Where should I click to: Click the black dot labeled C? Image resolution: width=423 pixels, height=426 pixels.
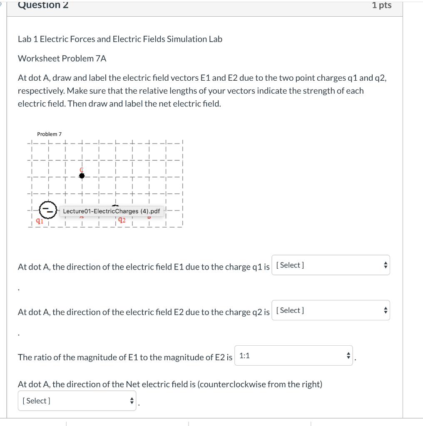pyautogui.click(x=82, y=176)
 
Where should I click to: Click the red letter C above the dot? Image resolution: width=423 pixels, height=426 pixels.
pyautogui.click(x=82, y=170)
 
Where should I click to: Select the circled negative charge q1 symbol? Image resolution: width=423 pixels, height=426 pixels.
pyautogui.click(x=47, y=209)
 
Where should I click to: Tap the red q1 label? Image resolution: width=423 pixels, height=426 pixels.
pyautogui.click(x=39, y=221)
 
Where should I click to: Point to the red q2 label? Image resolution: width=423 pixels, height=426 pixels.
pyautogui.click(x=122, y=220)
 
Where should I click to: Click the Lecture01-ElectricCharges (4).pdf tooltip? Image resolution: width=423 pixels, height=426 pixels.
pyautogui.click(x=111, y=211)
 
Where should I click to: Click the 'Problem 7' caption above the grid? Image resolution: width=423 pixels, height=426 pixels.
pyautogui.click(x=49, y=134)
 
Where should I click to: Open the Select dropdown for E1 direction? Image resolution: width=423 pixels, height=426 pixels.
pyautogui.click(x=331, y=265)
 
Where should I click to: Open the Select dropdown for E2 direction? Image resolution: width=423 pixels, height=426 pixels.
pyautogui.click(x=331, y=310)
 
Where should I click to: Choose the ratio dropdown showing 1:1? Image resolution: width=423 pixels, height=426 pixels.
pyautogui.click(x=293, y=356)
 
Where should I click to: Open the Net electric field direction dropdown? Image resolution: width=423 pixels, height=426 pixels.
pyautogui.click(x=77, y=401)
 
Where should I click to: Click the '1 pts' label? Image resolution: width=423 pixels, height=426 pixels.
pyautogui.click(x=381, y=5)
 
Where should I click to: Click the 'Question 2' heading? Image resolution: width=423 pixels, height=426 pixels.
pyautogui.click(x=43, y=5)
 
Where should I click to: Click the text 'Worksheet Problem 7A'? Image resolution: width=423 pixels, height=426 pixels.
pyautogui.click(x=62, y=59)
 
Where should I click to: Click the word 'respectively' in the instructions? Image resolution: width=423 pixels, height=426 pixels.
pyautogui.click(x=40, y=91)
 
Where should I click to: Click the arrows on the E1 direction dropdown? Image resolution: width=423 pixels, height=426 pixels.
pyautogui.click(x=385, y=265)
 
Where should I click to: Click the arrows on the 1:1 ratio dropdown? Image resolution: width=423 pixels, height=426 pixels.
pyautogui.click(x=348, y=356)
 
